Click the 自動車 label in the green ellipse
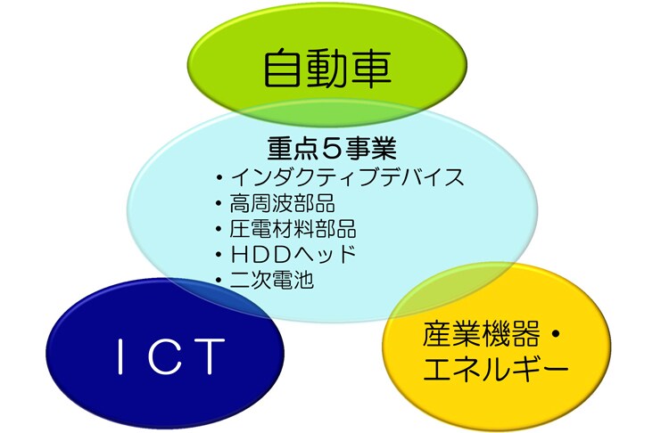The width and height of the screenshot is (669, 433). [x=327, y=69]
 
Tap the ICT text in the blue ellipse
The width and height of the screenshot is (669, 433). [x=170, y=355]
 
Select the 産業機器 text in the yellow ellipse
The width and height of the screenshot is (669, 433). [x=482, y=335]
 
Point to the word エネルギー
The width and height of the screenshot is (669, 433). [x=496, y=369]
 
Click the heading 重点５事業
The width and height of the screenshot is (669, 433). [x=332, y=148]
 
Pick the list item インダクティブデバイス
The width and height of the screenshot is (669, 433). [x=347, y=177]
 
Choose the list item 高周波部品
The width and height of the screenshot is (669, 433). [x=282, y=203]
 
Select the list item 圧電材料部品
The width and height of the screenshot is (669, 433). [x=293, y=228]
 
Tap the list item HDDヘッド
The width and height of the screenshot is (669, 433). [x=293, y=255]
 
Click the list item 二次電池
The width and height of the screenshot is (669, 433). [x=272, y=280]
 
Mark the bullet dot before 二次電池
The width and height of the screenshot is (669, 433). [x=219, y=281]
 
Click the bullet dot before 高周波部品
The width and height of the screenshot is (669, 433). [x=219, y=203]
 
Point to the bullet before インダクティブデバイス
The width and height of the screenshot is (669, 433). [x=219, y=177]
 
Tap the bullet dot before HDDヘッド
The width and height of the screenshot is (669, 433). [x=219, y=255]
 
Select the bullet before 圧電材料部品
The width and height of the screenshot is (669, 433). [x=219, y=229]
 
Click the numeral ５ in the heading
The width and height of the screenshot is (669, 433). [x=332, y=149]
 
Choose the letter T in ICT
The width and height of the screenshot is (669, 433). [x=209, y=356]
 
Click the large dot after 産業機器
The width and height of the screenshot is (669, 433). [x=556, y=335]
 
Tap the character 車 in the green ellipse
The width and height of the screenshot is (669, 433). [x=371, y=69]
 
